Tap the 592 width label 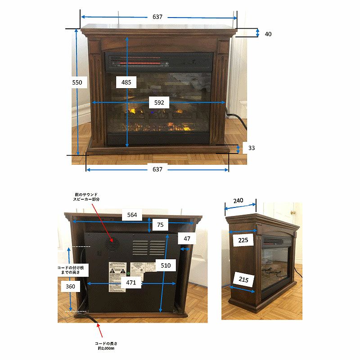(x=159, y=103)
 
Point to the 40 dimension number (x=268, y=34)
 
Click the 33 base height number (x=252, y=148)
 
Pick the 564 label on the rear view (x=132, y=215)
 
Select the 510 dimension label (x=166, y=265)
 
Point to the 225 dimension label (x=243, y=240)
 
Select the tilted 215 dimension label (x=243, y=280)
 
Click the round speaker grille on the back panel (x=111, y=245)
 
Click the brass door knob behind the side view (x=292, y=212)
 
